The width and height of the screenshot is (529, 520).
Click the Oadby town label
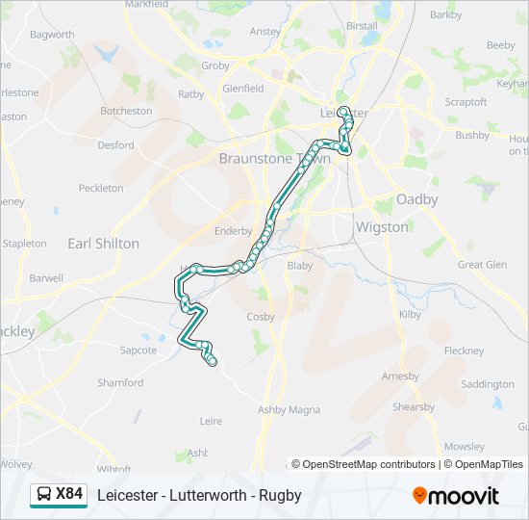(417, 199)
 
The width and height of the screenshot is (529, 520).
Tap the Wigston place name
(382, 227)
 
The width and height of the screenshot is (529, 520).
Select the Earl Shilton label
(103, 244)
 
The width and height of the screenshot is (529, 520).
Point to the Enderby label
(233, 231)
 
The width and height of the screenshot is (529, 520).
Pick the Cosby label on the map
(261, 316)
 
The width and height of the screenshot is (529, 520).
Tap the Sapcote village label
(139, 351)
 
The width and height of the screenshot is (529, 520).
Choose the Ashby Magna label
(289, 409)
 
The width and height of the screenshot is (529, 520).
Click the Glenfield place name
(242, 89)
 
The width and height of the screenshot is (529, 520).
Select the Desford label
(115, 145)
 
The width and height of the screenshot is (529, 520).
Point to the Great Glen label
(482, 265)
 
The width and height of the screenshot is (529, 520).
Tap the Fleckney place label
(465, 351)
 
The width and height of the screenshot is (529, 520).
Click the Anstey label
(265, 31)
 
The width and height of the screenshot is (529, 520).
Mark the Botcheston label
(126, 111)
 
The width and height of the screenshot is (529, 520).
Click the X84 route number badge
(69, 495)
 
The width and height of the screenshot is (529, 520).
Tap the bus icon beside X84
(44, 495)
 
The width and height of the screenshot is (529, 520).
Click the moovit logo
(456, 495)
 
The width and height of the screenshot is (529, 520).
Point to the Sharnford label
(120, 382)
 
